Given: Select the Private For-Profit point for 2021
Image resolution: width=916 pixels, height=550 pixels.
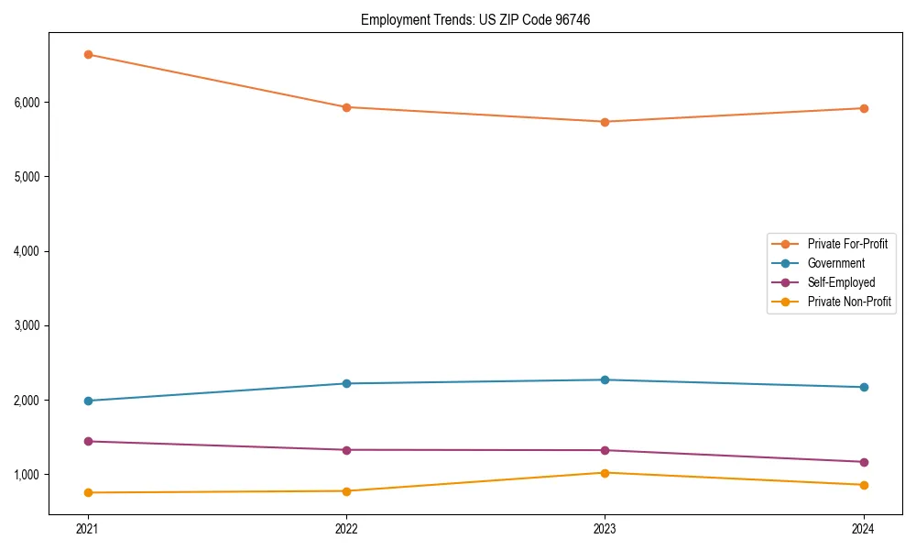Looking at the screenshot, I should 88,54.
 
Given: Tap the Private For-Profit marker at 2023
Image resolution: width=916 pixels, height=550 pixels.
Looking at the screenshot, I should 605,122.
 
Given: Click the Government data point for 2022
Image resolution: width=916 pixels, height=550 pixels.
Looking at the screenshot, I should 346,383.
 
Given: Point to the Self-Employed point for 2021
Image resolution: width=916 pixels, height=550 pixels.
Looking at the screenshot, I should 88,441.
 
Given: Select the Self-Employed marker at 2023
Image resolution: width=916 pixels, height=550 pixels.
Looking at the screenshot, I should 605,450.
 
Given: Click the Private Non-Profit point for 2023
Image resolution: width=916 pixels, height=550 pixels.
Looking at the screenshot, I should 605,473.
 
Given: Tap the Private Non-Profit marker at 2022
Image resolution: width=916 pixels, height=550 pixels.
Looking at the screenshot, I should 346,490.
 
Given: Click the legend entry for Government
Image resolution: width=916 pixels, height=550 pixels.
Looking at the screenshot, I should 835,263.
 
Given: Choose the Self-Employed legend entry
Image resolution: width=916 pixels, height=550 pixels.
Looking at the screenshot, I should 841,282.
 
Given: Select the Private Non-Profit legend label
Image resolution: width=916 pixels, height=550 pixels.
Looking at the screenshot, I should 849,302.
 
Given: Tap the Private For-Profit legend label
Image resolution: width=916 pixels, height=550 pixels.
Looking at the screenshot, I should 847,244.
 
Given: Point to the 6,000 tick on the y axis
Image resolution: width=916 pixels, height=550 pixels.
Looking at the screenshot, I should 27,102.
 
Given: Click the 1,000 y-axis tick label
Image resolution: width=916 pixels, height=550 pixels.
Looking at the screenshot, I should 27,475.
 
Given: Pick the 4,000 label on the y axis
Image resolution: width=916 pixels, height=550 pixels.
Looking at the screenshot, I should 27,251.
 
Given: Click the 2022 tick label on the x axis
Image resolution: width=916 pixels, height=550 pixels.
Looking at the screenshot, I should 346,528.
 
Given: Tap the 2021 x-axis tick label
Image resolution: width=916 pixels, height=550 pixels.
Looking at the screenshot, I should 88,528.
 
